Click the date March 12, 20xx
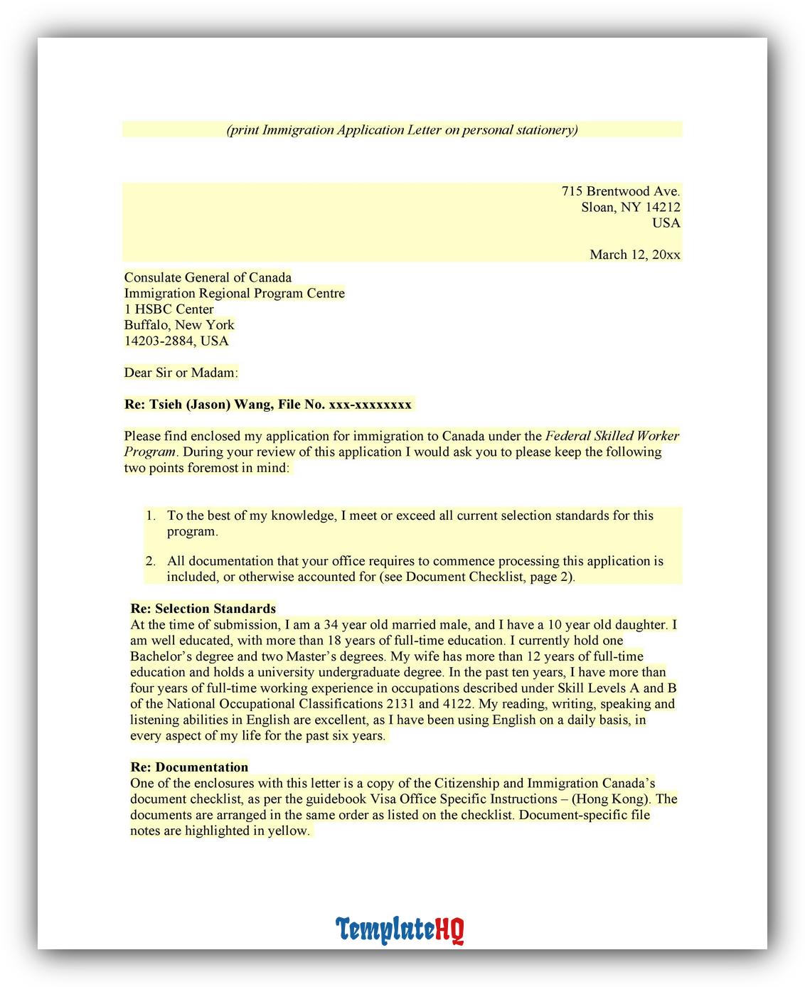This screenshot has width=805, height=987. click(634, 255)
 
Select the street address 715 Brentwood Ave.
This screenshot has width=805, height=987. click(620, 191)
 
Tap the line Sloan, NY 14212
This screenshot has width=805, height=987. click(630, 207)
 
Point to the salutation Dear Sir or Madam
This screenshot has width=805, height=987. click(181, 373)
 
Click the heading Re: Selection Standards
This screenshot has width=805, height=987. click(203, 609)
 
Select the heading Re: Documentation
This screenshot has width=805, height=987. click(189, 767)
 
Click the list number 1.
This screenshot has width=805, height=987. click(151, 516)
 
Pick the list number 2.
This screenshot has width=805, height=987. click(151, 561)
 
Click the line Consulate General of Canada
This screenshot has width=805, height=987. click(208, 277)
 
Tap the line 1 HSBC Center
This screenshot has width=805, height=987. click(169, 309)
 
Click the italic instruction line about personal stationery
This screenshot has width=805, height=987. click(402, 129)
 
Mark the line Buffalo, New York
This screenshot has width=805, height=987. click(179, 325)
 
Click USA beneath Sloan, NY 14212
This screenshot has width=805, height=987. click(666, 223)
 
